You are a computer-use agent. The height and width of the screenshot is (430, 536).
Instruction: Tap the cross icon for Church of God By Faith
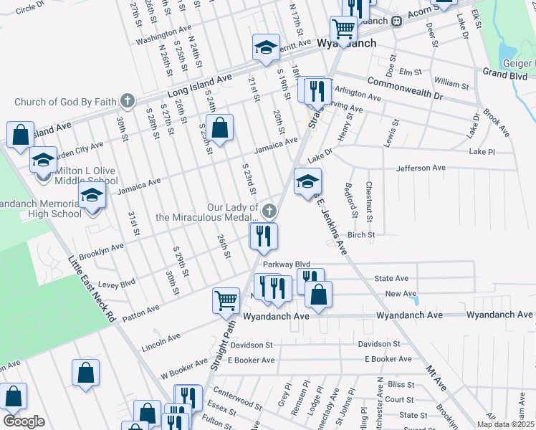coord(128,100)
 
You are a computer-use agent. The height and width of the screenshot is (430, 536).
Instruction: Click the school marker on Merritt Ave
coord(265,47)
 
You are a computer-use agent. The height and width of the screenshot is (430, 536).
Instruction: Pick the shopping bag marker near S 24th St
coord(221,129)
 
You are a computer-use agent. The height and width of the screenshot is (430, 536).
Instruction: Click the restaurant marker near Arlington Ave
coord(315,90)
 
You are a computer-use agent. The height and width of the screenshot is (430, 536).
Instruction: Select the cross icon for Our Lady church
coord(269,211)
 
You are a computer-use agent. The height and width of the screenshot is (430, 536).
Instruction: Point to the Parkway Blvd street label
coord(286,264)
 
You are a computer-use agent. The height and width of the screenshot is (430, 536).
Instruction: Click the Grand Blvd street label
coord(505,72)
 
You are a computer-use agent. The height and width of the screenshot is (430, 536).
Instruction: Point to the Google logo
coord(24,421)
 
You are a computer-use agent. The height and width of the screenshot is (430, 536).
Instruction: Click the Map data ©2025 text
coord(504,424)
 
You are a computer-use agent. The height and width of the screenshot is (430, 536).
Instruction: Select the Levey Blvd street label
coord(118,284)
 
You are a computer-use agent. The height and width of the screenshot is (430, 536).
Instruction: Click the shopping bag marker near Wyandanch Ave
coord(318,294)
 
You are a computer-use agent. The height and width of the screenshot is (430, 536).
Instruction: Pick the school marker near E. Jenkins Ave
coord(307,182)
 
